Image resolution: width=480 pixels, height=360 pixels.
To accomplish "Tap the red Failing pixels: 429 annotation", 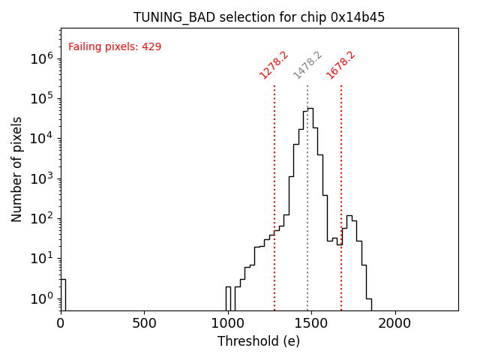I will [115, 47].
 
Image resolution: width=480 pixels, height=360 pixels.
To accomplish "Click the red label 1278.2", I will [274, 64].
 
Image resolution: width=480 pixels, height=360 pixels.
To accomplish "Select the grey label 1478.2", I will [307, 64].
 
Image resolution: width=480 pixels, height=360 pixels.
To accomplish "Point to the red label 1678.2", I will [340, 64].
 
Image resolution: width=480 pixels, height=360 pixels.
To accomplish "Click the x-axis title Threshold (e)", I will [259, 342].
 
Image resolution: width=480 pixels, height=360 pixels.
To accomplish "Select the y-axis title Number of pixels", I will [17, 169].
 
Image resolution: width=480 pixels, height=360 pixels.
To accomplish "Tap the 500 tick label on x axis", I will [144, 324].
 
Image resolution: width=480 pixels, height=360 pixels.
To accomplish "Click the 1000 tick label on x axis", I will [227, 324].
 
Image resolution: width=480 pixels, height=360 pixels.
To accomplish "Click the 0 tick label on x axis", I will [61, 324].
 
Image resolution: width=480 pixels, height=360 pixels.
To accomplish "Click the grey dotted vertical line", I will [307, 225].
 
